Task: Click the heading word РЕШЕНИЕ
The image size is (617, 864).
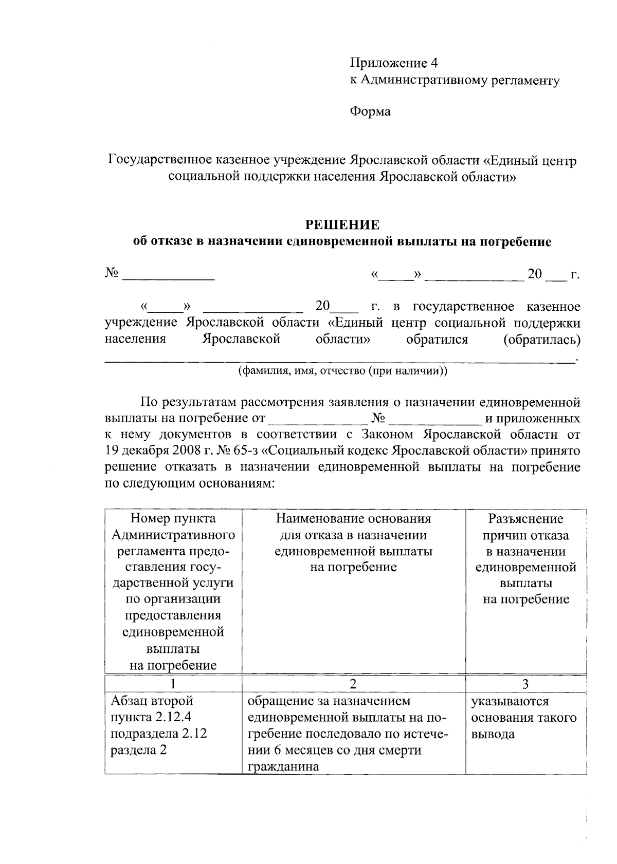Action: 342,225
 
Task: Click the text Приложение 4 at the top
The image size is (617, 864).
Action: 393,63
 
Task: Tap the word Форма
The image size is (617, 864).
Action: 370,111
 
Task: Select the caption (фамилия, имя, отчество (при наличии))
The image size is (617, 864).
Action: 342,371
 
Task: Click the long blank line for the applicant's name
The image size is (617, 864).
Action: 339,361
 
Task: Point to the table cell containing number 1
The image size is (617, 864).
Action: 173,684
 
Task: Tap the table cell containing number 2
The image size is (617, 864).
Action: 353,684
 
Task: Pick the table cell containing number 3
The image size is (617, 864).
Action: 525,684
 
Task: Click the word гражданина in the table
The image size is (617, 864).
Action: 283,767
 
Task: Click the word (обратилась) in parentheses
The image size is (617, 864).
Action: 542,340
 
